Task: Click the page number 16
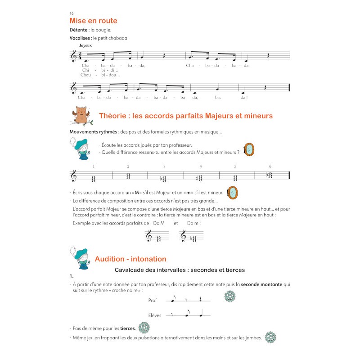(x=72, y=13)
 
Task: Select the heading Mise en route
(x=93, y=21)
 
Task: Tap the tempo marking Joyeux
(x=85, y=45)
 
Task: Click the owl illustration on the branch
(x=81, y=115)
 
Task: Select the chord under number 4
(x=200, y=178)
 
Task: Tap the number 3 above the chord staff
(x=164, y=166)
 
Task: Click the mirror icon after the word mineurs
(x=248, y=150)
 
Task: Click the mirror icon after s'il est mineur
(x=232, y=193)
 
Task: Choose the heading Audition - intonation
(x=130, y=259)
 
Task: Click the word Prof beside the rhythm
(x=153, y=300)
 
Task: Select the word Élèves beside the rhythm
(x=154, y=315)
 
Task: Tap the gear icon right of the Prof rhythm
(x=229, y=296)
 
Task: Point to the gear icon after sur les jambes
(x=270, y=337)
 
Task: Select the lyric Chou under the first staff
(x=85, y=75)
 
